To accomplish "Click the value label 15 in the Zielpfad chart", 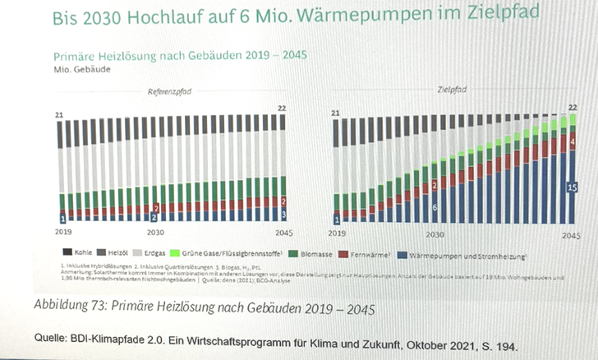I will (x=573, y=187).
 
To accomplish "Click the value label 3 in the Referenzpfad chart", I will (x=284, y=215).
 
